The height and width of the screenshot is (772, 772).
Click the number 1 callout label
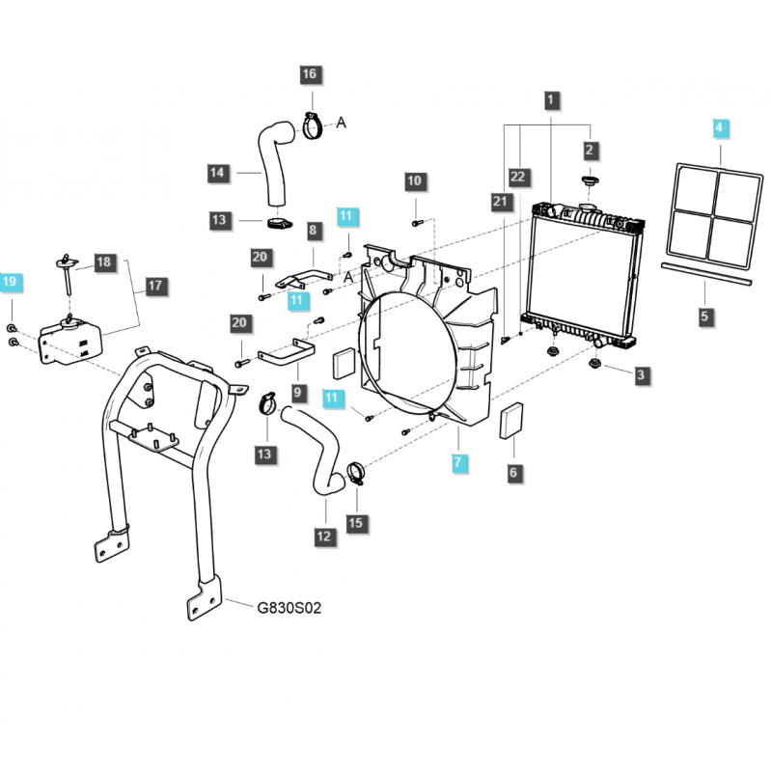(550, 98)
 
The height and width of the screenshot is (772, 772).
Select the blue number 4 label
(717, 127)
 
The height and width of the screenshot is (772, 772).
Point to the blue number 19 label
(10, 283)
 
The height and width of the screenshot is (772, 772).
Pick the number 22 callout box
(519, 176)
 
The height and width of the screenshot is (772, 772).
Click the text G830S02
(289, 609)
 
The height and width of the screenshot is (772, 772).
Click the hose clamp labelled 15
(355, 472)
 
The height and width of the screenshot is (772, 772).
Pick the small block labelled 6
(512, 421)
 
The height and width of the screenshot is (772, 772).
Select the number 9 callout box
(296, 393)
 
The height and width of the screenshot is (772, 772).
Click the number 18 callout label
(104, 262)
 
